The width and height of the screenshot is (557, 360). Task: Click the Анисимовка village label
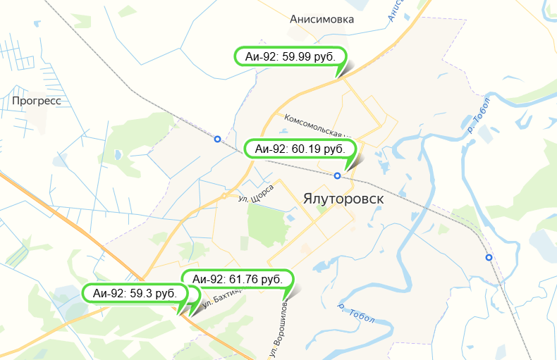(x=322, y=20)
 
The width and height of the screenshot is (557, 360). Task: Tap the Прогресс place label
(x=37, y=101)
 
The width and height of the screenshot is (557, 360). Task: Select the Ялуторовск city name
(x=344, y=199)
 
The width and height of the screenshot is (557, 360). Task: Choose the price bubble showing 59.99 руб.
(x=289, y=56)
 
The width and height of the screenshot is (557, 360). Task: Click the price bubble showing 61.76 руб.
(x=237, y=280)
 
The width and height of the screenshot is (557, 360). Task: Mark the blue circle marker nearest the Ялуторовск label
(x=338, y=175)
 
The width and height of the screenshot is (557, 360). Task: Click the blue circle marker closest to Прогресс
(x=217, y=139)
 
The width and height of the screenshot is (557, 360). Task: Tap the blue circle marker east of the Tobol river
(x=489, y=257)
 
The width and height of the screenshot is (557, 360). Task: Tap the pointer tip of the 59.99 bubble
(x=340, y=75)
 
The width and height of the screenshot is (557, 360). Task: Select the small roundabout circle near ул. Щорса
(x=224, y=195)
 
